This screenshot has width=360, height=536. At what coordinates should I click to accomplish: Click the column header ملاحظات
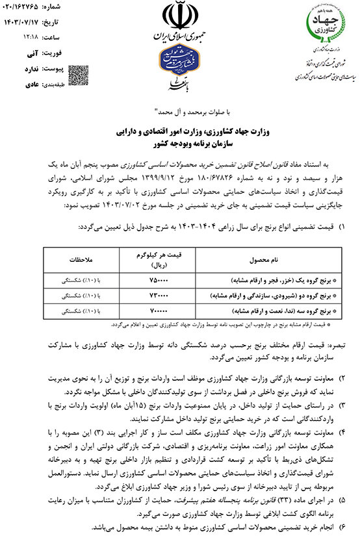click(x=81, y=259)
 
